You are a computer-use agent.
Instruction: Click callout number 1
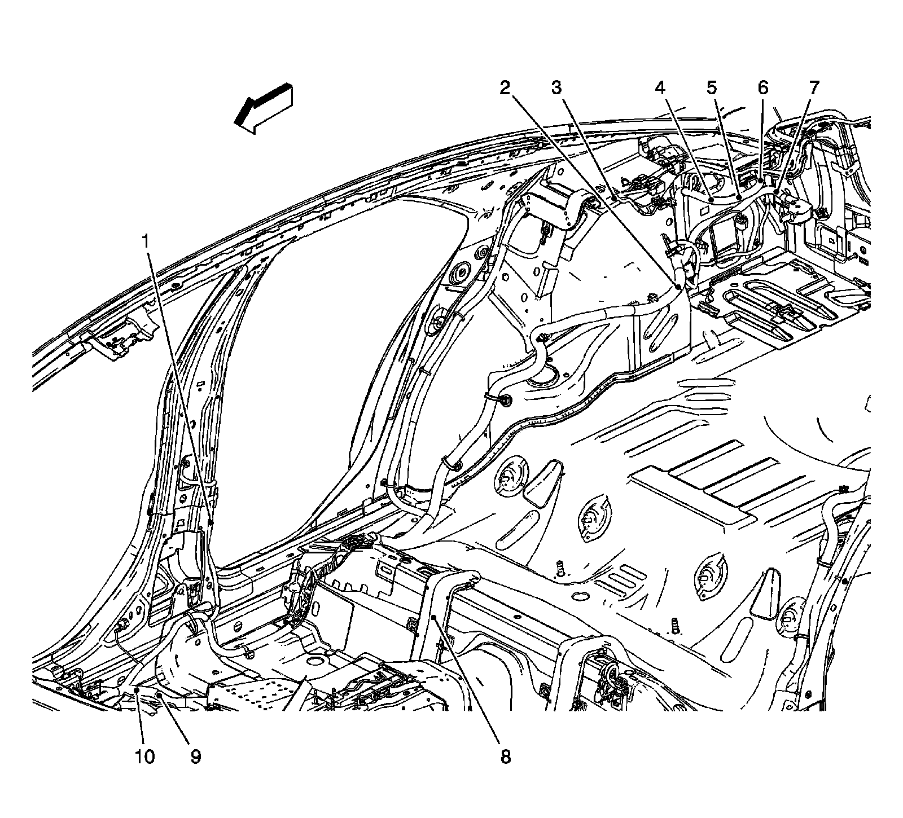[x=146, y=243]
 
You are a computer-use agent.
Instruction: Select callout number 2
[x=505, y=87]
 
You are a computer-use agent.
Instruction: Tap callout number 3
[x=556, y=87]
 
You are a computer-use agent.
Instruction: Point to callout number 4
[x=660, y=87]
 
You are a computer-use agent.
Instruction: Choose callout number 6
[x=762, y=87]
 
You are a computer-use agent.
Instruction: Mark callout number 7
[x=813, y=87]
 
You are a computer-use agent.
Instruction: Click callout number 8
[x=505, y=756]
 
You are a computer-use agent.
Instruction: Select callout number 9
[x=195, y=756]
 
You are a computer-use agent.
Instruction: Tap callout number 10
[x=144, y=756]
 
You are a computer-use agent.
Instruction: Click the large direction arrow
[x=264, y=108]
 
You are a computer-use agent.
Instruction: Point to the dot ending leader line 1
[x=210, y=523]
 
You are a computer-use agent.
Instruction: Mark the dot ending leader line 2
[x=677, y=287]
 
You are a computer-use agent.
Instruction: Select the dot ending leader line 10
[x=137, y=690]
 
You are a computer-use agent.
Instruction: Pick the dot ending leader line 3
[x=613, y=197]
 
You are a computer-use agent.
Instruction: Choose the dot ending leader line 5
[x=739, y=198]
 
